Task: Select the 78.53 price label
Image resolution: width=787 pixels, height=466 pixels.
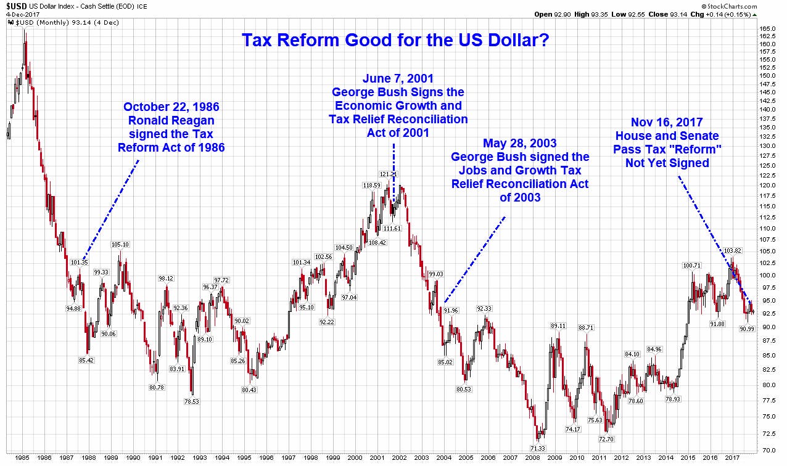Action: (x=196, y=401)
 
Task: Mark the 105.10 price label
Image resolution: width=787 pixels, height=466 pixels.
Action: (x=120, y=244)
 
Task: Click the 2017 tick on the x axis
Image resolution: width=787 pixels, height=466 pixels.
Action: (x=731, y=458)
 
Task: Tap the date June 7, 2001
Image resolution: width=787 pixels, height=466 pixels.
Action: (x=398, y=78)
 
